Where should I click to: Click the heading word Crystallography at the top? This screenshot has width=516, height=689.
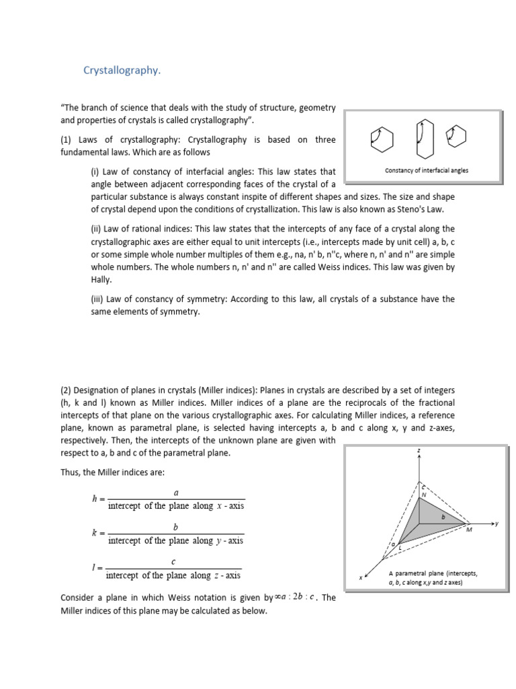pos(122,71)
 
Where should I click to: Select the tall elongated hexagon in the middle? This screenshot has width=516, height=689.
pos(421,139)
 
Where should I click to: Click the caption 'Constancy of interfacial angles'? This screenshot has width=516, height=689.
pos(427,170)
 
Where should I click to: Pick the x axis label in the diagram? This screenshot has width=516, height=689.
pos(360,577)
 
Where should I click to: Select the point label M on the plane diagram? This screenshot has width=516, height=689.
pos(469,530)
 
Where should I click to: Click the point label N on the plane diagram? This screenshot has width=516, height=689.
pos(424,495)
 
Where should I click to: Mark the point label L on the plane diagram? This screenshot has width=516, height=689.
pos(400,549)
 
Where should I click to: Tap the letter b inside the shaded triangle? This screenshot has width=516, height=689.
pos(443,517)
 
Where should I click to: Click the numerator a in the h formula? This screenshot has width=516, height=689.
pos(176,493)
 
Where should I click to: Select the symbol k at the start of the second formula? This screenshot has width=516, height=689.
pos(95,533)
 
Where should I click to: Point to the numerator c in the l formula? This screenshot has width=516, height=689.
pos(175,561)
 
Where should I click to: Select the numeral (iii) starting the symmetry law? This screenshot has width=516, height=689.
pos(98,299)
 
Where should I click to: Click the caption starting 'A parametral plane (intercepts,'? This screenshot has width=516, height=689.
pos(433,573)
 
